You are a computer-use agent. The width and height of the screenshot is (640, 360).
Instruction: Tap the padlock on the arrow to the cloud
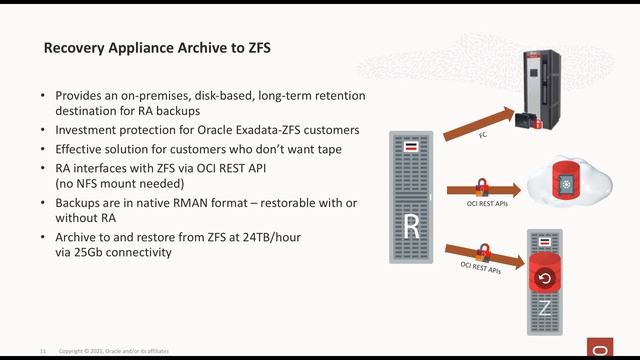tap(481, 185)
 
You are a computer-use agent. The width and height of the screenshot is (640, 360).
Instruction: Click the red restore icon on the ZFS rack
tap(545, 279)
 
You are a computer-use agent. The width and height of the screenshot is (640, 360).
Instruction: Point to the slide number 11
tap(43, 351)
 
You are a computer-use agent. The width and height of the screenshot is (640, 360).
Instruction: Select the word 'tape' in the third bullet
tap(326, 149)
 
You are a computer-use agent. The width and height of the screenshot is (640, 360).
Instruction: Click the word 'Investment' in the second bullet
tap(86, 131)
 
